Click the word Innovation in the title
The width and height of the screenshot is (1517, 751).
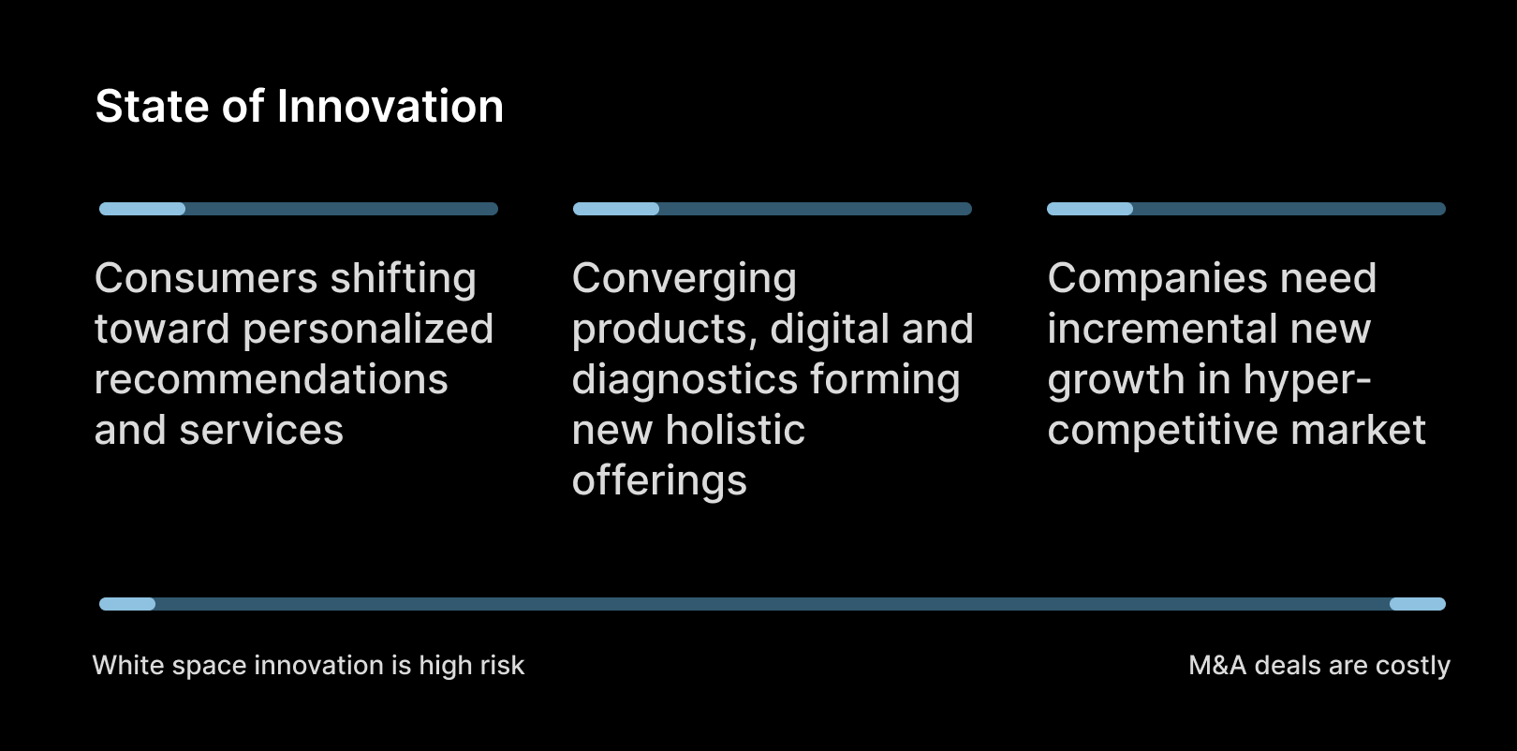(390, 107)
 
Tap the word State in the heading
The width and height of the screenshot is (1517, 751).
(152, 107)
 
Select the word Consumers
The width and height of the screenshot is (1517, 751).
(206, 278)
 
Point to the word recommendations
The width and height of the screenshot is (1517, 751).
(271, 379)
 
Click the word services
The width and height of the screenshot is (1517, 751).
(261, 432)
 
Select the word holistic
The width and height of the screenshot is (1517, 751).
(735, 430)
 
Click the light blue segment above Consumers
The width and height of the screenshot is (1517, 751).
(142, 209)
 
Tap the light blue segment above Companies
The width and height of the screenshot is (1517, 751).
(1090, 209)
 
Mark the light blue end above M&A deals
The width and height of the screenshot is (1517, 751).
(1418, 604)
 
